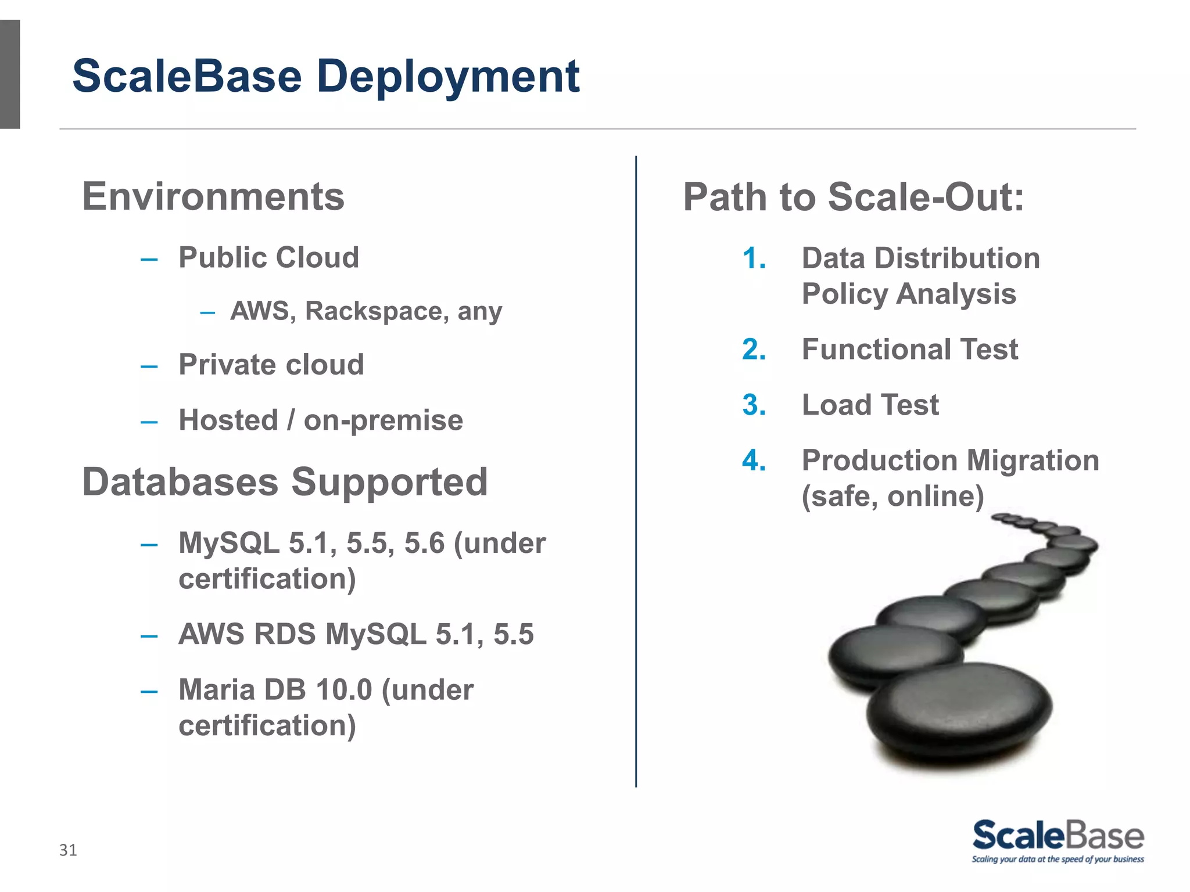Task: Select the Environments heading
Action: tap(213, 196)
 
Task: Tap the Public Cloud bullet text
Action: tap(268, 257)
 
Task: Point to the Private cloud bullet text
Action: tap(271, 365)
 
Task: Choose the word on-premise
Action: tap(383, 420)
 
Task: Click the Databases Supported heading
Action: tap(285, 482)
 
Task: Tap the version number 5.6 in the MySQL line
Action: tap(424, 544)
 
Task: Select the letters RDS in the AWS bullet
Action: tap(285, 634)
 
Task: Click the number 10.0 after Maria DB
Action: tap(343, 690)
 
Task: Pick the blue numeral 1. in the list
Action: tap(754, 258)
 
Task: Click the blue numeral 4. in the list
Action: tap(754, 461)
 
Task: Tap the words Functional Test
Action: tap(909, 350)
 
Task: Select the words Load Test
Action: tap(870, 405)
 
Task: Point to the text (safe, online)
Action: tap(892, 496)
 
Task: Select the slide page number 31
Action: tap(68, 850)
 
